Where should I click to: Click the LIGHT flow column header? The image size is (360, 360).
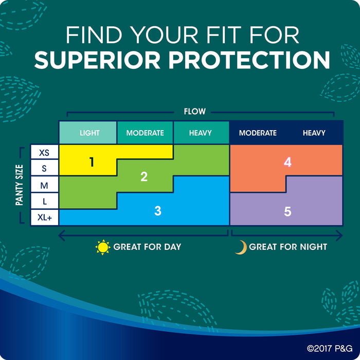pos(89,133)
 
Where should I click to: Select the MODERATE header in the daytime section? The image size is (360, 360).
pos(145,133)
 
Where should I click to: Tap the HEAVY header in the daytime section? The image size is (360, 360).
pos(201,133)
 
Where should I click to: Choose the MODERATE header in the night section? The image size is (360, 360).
pos(258,133)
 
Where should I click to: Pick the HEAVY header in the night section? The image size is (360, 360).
pos(314,133)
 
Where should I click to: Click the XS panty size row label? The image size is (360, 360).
pos(44,153)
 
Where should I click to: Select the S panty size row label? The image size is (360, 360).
pos(44,169)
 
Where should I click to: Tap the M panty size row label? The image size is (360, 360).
pos(44,185)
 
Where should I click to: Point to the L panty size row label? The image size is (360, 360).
pos(45,202)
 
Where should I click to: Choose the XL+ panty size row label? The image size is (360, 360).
pos(45,217)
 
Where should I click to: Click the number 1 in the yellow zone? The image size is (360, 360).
pos(92,162)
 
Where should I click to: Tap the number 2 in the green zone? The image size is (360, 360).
pos(144,176)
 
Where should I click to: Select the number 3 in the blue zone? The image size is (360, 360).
pos(158,210)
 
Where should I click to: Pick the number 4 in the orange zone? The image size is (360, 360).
pos(287,162)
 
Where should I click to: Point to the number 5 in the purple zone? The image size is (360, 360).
pos(287,211)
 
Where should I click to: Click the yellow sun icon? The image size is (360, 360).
pos(103,247)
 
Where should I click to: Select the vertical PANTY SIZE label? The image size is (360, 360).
pos(20,185)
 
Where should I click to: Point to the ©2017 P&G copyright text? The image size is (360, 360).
pos(330,348)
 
